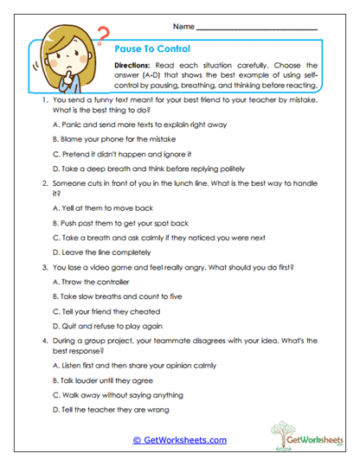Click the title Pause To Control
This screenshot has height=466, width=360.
(153, 49)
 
